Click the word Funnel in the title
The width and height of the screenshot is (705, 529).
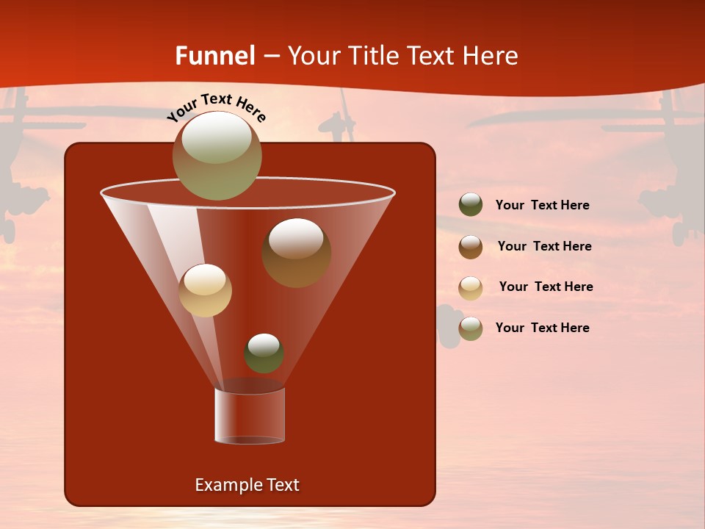pos(214,56)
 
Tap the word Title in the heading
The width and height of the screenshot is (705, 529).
pos(372,56)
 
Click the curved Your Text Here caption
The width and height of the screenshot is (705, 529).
pos(216,107)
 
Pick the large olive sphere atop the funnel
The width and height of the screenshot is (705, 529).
pos(217,155)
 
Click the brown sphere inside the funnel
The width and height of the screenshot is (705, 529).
pos(296,252)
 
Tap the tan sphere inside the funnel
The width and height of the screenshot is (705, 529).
pos(205,290)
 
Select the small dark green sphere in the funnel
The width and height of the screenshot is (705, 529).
pos(264,353)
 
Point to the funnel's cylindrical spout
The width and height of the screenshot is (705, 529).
pos(250,416)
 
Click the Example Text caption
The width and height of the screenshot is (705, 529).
pos(247,485)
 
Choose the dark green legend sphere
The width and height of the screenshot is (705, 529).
pos(471,205)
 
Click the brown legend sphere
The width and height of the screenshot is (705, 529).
pos(471,247)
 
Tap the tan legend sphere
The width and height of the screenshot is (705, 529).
pos(471,288)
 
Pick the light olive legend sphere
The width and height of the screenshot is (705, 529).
pos(471,328)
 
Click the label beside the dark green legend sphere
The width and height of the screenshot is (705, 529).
pos(542,205)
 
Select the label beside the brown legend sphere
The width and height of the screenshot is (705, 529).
pos(544,246)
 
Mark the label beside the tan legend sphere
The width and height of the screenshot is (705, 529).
pos(546,287)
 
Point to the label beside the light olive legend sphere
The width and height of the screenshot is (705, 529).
pos(542,328)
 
